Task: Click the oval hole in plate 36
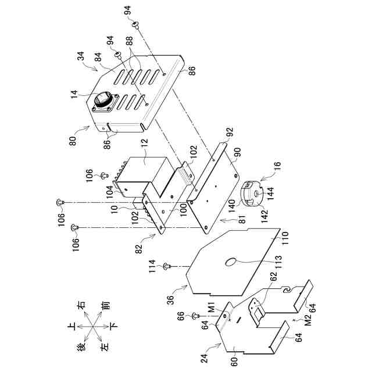point(230,262)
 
